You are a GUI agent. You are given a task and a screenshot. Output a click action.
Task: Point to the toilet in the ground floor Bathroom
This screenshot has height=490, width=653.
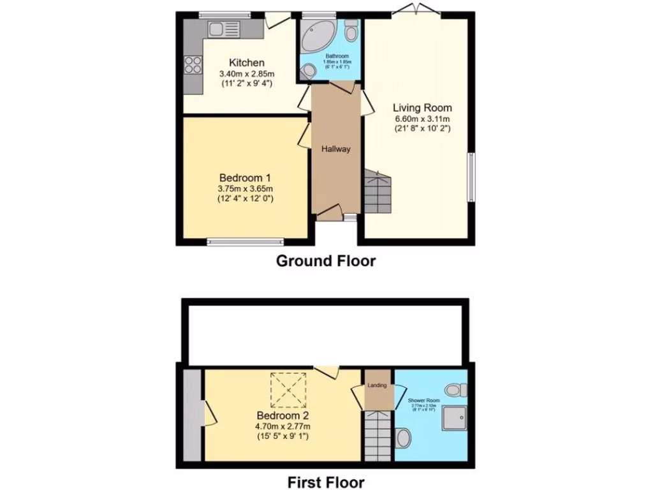(351, 31)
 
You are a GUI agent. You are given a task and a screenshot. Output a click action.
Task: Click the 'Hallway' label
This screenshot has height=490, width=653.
(335, 149)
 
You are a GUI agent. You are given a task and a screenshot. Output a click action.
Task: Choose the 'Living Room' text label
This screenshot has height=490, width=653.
(422, 108)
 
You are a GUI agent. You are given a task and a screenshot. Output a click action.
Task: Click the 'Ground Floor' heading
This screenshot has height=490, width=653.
(325, 261)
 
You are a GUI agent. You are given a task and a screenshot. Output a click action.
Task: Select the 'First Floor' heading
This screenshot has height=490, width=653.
(325, 482)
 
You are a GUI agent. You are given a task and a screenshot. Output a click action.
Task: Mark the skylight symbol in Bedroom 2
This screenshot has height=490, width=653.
(285, 390)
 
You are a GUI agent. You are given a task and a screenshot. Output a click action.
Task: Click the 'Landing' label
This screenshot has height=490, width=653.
(378, 385)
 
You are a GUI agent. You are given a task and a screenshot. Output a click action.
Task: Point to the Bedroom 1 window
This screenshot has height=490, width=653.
(246, 241)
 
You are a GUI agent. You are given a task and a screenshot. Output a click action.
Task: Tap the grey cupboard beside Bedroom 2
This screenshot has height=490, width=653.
(191, 414)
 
